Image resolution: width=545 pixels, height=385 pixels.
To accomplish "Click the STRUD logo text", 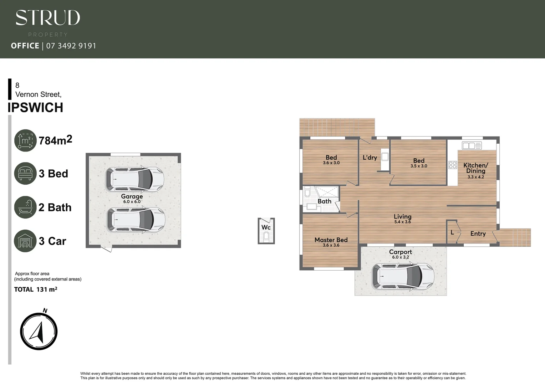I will click(48, 18).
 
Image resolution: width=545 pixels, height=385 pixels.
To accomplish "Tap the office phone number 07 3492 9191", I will click(71, 46).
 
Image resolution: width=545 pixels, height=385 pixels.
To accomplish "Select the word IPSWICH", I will click(35, 107).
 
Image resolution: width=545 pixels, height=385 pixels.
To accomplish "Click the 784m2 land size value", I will click(55, 140).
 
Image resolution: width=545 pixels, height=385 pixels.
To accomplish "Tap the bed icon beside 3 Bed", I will click(25, 173).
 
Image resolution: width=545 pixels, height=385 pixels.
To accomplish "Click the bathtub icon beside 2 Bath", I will click(25, 207).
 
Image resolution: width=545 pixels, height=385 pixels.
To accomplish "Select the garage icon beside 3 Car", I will click(25, 241).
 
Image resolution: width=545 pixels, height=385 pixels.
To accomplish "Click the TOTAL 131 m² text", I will click(36, 289).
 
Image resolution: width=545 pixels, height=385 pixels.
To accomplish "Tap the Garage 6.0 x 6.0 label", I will click(132, 199).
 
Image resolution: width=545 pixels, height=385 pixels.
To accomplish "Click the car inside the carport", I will click(403, 276).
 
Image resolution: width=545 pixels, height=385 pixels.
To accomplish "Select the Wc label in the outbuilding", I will click(266, 227).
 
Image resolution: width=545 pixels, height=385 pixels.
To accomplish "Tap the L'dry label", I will click(370, 158).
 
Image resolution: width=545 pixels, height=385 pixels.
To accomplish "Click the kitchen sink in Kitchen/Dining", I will click(472, 145).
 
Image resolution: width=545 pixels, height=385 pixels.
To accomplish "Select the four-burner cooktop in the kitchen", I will click(453, 165).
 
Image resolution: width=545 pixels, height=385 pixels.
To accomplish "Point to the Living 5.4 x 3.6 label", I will click(403, 219).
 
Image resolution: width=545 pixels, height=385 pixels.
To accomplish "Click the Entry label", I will click(478, 233).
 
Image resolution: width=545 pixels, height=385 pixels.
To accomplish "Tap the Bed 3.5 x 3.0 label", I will click(419, 163).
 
